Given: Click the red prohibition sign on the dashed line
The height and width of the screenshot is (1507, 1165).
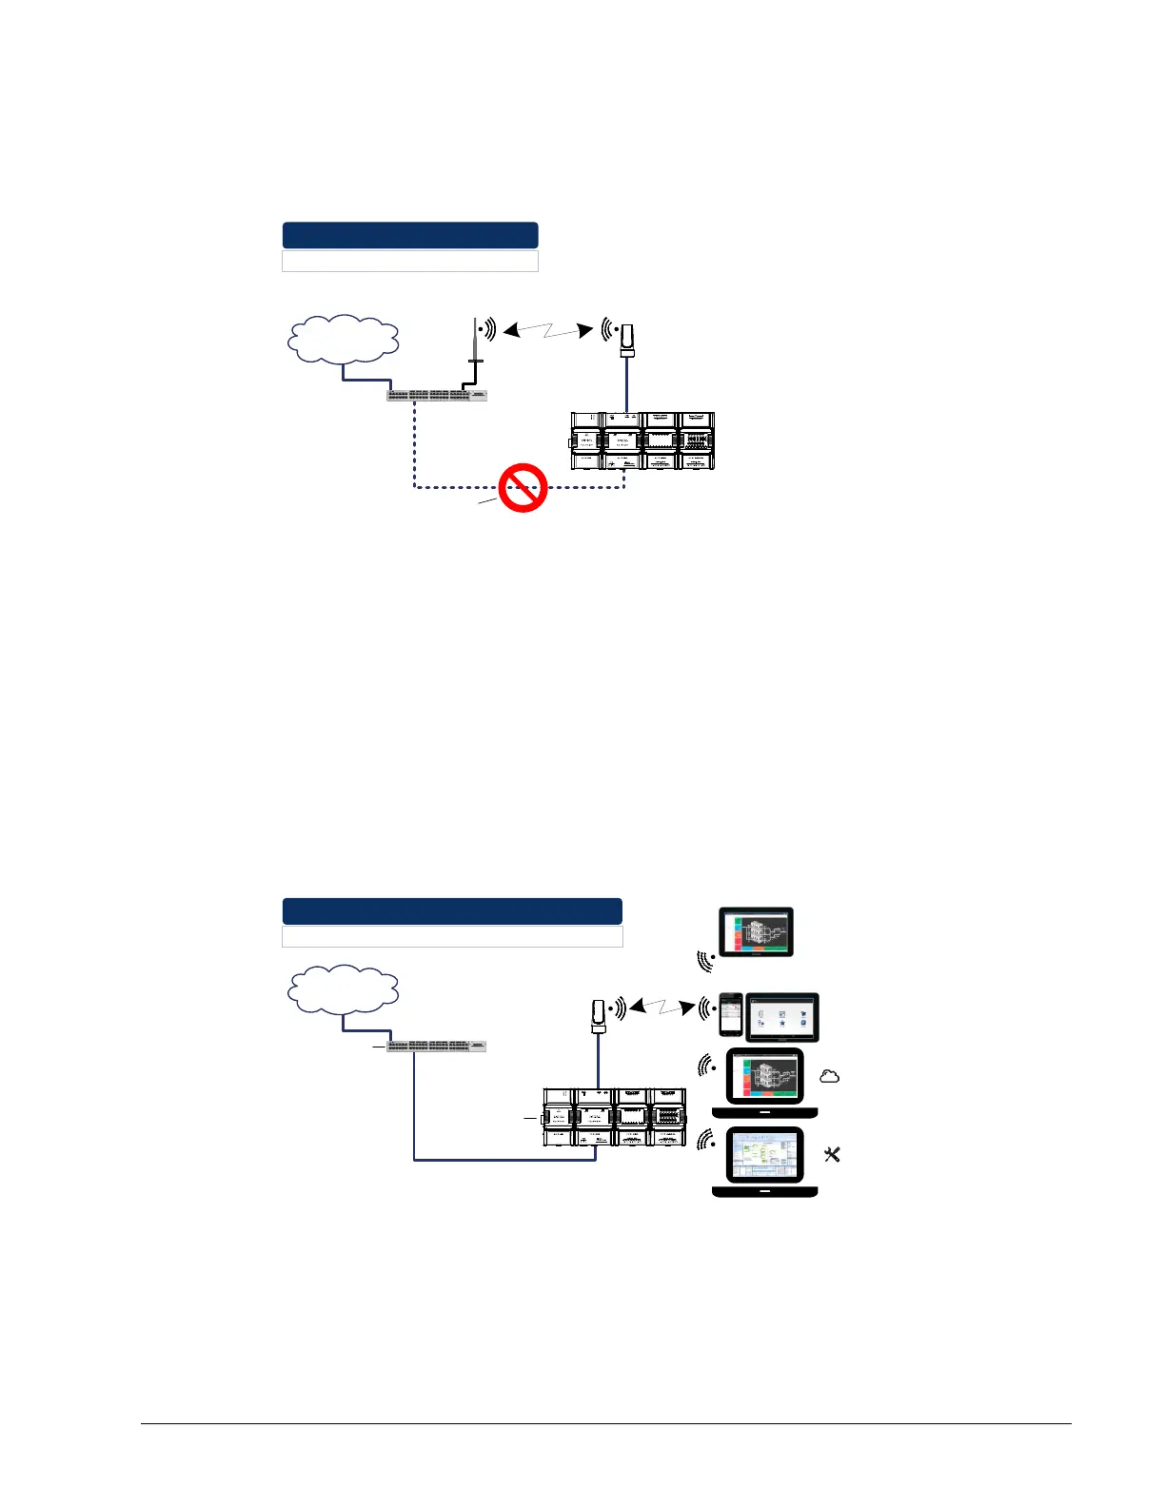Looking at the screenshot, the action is click(x=523, y=489).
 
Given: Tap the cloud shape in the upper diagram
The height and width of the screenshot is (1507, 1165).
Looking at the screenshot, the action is click(x=343, y=340).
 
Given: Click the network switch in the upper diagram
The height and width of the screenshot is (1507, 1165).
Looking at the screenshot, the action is click(x=438, y=395).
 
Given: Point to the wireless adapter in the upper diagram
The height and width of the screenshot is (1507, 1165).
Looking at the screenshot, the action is click(x=627, y=341).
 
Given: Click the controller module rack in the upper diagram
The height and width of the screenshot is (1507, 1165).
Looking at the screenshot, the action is click(x=642, y=441).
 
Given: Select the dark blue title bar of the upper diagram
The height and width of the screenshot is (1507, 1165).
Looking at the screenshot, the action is click(x=410, y=235).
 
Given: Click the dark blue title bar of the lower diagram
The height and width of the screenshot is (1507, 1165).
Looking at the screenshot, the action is click(x=452, y=910).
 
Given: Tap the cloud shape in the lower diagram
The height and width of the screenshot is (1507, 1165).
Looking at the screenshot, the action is click(x=343, y=990).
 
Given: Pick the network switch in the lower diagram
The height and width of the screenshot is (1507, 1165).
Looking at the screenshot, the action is click(x=438, y=1046).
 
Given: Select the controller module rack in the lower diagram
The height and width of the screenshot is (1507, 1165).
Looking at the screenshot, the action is click(x=614, y=1117).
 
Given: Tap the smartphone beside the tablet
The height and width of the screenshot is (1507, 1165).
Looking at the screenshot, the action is click(x=730, y=1015).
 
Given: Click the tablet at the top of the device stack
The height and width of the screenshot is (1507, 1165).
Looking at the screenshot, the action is click(x=757, y=931).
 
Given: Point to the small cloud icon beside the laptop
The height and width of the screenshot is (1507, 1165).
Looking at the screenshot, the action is click(x=830, y=1076).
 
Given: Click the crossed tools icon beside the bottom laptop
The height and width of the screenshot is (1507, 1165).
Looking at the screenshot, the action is click(x=832, y=1154).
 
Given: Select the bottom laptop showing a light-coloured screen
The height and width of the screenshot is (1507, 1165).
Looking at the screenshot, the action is click(x=765, y=1161).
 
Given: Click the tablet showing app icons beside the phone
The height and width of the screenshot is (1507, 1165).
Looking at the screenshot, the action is click(x=782, y=1017).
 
